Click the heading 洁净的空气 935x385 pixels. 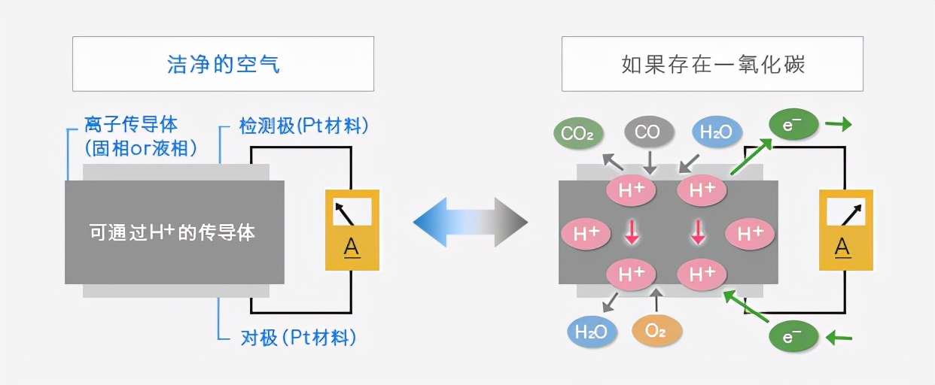(223, 64)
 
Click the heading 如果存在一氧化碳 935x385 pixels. (712, 64)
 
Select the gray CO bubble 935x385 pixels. (647, 133)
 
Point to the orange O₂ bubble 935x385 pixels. (656, 331)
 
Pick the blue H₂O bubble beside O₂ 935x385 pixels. (591, 331)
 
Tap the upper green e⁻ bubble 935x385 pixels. (792, 126)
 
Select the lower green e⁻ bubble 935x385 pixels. (793, 338)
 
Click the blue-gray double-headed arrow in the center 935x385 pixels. (471, 223)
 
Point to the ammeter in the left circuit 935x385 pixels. (352, 229)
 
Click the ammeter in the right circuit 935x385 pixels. (845, 229)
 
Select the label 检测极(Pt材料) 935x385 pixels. (304, 126)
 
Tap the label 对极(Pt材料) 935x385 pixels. (298, 338)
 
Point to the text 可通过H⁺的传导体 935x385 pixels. (172, 232)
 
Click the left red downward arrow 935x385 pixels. (631, 232)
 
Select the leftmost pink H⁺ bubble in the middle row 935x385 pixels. (585, 233)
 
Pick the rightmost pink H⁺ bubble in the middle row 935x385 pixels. (750, 233)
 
